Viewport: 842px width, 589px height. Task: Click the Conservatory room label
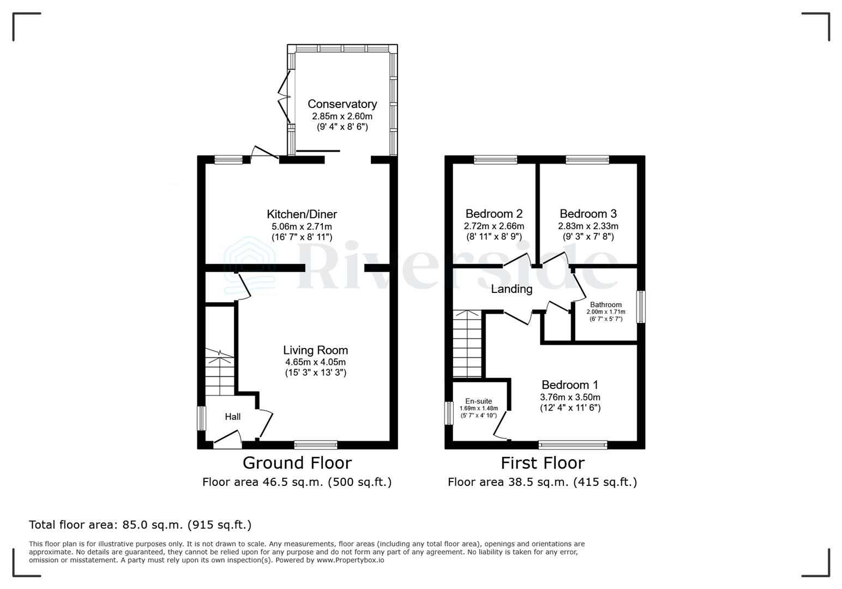(342, 104)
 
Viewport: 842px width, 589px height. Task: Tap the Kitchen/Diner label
(302, 214)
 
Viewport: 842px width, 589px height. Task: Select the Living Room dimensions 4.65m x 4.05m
(315, 362)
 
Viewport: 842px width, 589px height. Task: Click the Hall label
(233, 417)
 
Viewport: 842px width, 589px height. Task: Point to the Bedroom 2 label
(494, 213)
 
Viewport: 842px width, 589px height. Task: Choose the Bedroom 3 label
(588, 213)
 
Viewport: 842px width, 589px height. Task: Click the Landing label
(512, 289)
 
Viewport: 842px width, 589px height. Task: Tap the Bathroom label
(605, 305)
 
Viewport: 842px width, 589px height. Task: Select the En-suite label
(478, 401)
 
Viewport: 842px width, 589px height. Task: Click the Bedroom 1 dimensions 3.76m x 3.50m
(570, 397)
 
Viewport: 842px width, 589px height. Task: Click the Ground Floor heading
(297, 462)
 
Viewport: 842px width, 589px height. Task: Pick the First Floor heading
(542, 462)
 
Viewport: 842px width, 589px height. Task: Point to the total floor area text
(140, 525)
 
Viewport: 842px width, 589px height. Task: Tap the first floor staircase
(467, 344)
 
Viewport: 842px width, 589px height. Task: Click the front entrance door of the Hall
(227, 440)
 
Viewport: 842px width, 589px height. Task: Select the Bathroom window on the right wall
(641, 306)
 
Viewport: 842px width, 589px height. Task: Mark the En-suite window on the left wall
(449, 413)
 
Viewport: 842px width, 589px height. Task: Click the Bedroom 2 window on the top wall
(495, 160)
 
